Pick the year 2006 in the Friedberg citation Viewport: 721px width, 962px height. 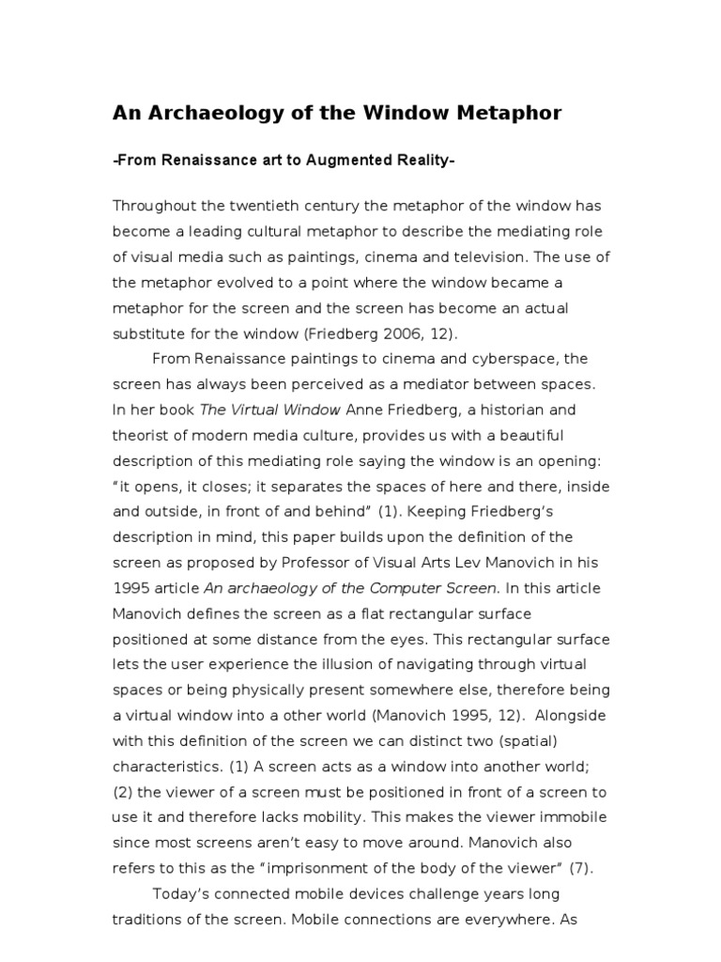point(353,334)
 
